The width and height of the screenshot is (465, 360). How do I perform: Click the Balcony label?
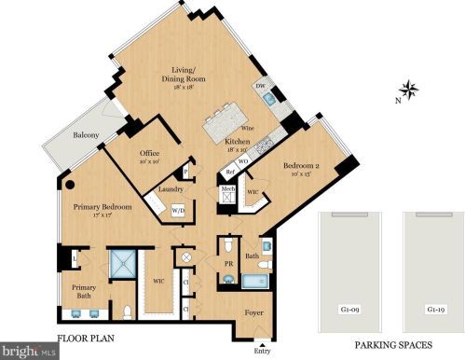[x=88, y=136]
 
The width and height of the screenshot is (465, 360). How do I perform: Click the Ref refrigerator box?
[x=228, y=173]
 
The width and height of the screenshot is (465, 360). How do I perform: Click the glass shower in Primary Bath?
[x=122, y=264]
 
